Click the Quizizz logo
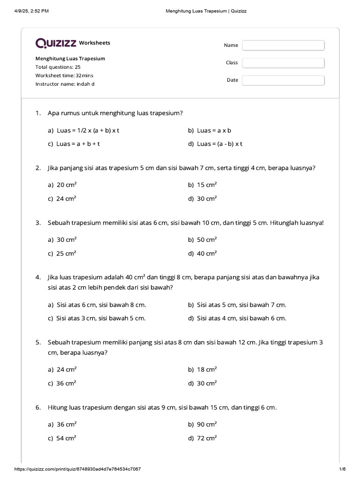pos(56,43)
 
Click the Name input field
pos(283,45)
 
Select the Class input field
pos(283,63)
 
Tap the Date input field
pos(283,80)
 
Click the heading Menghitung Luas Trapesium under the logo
pos(70,59)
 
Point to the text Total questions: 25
pos(58,67)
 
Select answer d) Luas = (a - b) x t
pos(215,144)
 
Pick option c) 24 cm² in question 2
pos(62,198)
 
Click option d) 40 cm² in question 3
pos(202,253)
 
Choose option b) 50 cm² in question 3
pos(202,240)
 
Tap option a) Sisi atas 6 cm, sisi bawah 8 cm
pos(97,305)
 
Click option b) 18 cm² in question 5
pos(202,369)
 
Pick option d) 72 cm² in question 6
pos(202,438)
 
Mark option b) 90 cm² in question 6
pos(202,424)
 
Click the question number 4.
pos(37,277)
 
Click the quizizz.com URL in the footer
pos(77,469)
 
